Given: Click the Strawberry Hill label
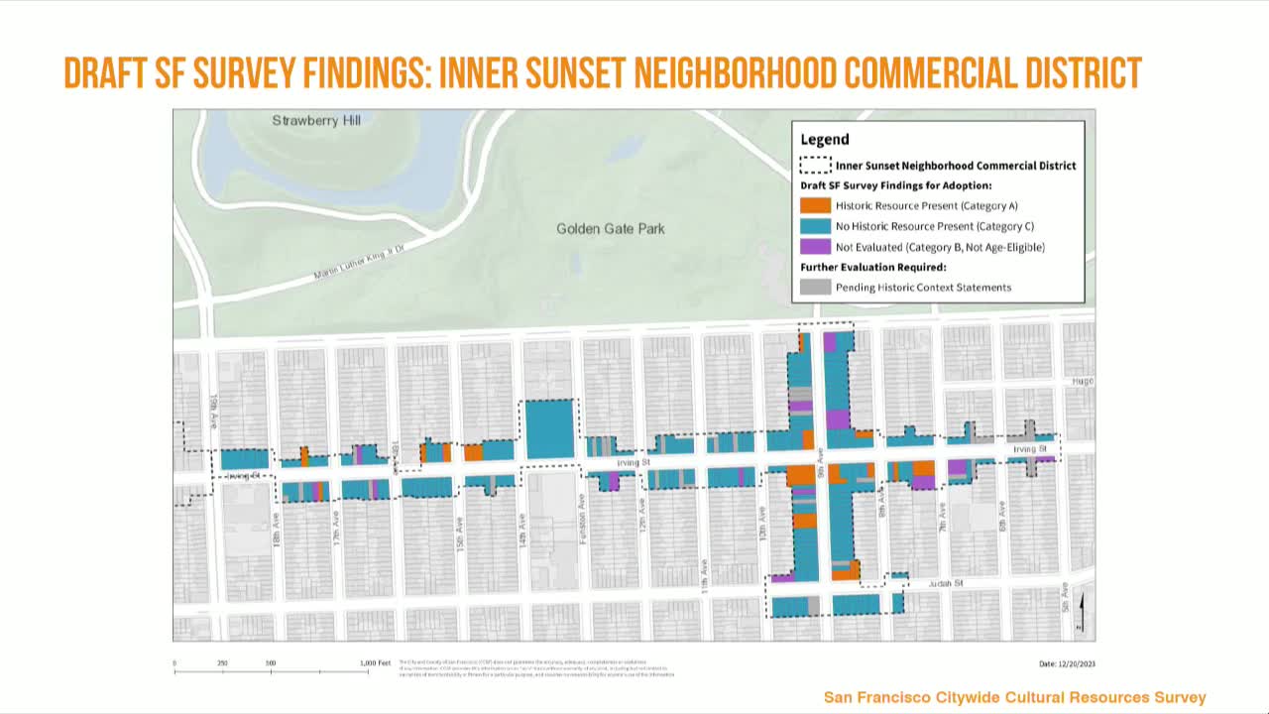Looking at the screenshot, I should [x=316, y=121].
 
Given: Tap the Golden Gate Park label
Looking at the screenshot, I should [x=610, y=229].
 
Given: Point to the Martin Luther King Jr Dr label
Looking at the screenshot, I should [x=360, y=261].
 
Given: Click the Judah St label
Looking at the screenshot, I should [x=946, y=584].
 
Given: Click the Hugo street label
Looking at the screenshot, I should [x=1082, y=381].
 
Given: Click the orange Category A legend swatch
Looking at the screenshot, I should [x=815, y=206].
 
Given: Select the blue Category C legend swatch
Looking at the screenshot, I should [x=815, y=226].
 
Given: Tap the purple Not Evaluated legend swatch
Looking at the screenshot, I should [x=815, y=247].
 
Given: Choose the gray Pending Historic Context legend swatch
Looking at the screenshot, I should [x=815, y=288].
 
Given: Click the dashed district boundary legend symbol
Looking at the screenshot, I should [x=815, y=166].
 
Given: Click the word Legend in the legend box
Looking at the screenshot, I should [x=825, y=140].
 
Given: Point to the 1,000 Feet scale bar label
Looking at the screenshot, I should [x=376, y=663].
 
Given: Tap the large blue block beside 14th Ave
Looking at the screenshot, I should [x=549, y=428].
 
